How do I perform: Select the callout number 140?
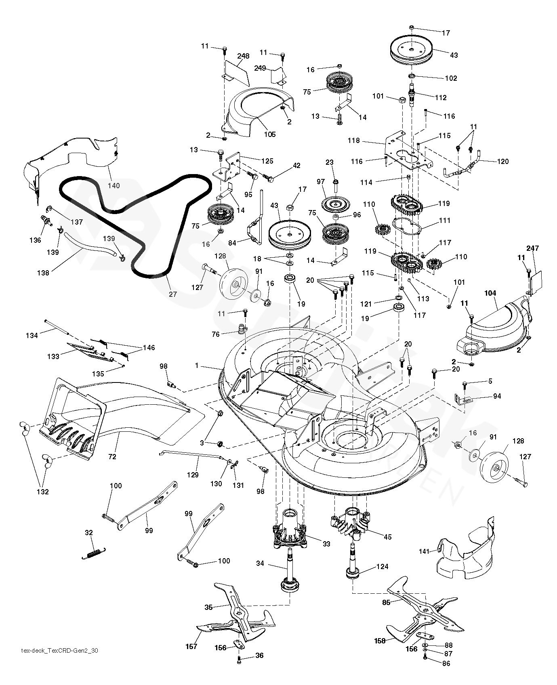pos(114,185)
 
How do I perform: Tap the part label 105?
pos(270,134)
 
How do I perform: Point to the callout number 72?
pos(112,457)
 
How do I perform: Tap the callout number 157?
pos(191,647)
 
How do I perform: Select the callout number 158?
pos(380,641)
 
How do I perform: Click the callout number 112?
pos(441,97)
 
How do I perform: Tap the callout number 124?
pos(382,567)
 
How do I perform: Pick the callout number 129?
pos(193,475)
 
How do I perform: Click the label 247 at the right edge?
pos(532,248)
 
